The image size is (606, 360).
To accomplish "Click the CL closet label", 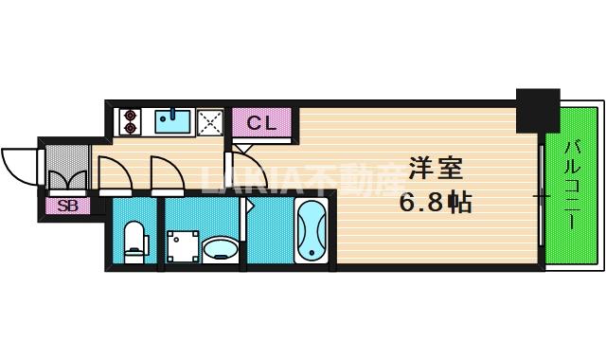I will coord(262,122).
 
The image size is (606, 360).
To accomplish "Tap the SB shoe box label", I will coord(67,205).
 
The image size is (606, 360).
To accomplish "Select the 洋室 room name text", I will coord(435,171).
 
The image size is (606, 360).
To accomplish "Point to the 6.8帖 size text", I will coord(434,201).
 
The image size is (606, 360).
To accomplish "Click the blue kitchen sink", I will coord(173,120).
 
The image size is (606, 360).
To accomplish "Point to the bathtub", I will coord(310,232).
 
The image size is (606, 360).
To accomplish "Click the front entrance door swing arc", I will coord(18,165).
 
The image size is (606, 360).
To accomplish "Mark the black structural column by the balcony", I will coord(535,110).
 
